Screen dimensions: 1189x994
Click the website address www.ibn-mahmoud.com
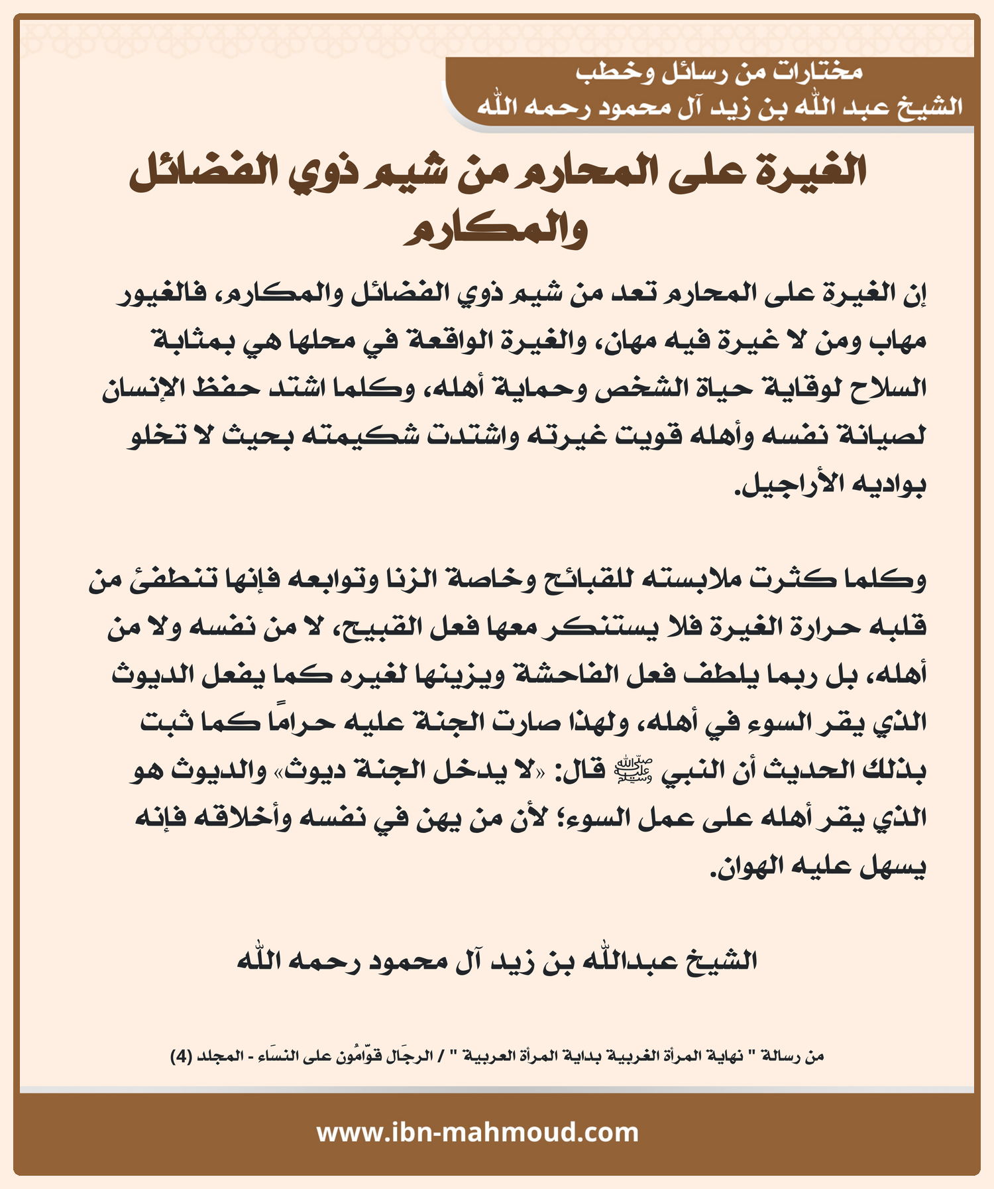(477, 1131)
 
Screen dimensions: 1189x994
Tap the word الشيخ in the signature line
(722, 961)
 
